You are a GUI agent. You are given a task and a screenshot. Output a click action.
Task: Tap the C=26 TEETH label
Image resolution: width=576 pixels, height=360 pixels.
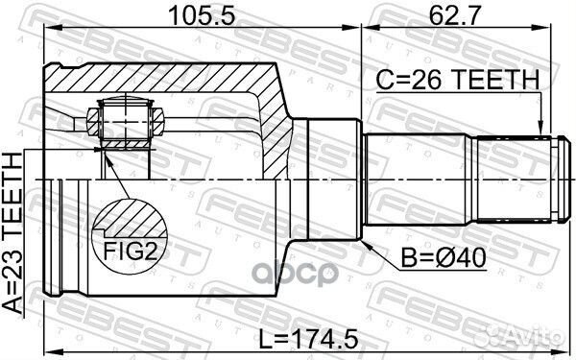(x=465, y=84)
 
